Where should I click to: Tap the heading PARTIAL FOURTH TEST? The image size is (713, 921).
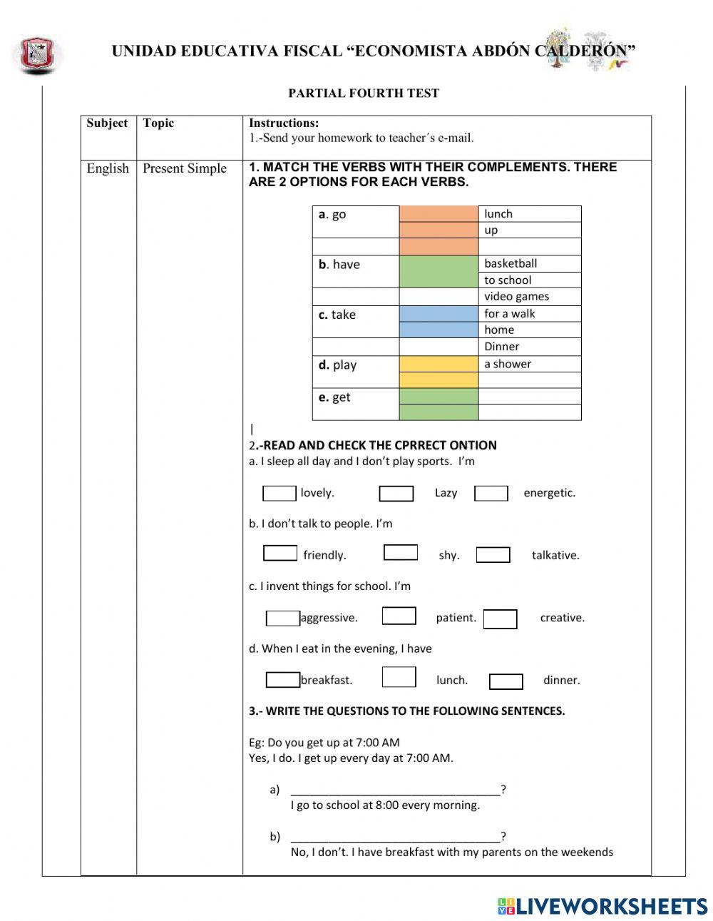click(x=364, y=93)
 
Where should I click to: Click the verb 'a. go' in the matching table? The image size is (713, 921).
click(x=332, y=214)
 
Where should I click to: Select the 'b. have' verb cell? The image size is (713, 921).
click(x=339, y=265)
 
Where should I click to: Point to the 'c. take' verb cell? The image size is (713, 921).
click(x=337, y=315)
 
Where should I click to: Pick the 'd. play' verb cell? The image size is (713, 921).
click(x=338, y=365)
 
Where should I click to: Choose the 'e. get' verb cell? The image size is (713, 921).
click(x=334, y=397)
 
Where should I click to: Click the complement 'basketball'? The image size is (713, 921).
click(x=511, y=263)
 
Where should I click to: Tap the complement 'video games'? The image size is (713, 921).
click(x=516, y=296)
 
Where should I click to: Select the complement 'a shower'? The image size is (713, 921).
click(x=508, y=364)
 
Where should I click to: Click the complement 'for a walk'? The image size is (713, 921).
click(x=509, y=313)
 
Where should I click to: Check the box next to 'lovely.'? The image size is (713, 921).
click(x=279, y=493)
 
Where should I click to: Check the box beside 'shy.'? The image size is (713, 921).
click(x=401, y=552)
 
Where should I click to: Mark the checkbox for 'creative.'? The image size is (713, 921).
click(x=500, y=619)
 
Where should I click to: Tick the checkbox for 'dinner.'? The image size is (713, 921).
click(x=506, y=681)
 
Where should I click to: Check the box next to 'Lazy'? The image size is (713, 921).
click(x=396, y=494)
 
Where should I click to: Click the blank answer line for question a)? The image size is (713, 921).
click(x=396, y=790)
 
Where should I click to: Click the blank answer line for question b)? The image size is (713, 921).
click(x=396, y=837)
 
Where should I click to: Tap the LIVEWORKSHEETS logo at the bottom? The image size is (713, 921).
click(x=602, y=906)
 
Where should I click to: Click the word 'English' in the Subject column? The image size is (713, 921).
click(x=108, y=168)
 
